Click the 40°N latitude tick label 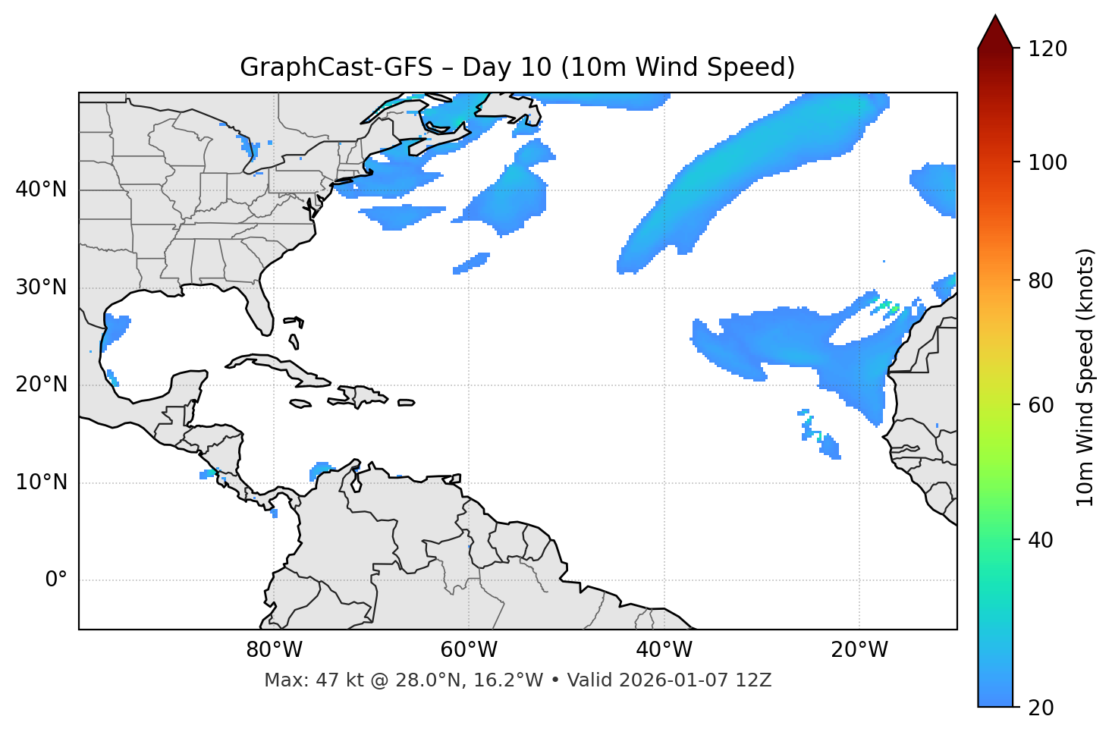click(41, 190)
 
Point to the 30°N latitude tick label click(41, 287)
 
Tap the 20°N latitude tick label click(41, 385)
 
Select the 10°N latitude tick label click(41, 482)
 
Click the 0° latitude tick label click(56, 580)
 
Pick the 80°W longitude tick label click(274, 650)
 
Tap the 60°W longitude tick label click(469, 650)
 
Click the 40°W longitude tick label click(664, 650)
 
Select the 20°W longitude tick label click(859, 650)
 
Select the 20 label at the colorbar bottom click(1040, 708)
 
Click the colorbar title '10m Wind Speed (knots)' click(1085, 377)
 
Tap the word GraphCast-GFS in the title click(336, 68)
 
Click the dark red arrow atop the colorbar click(995, 32)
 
